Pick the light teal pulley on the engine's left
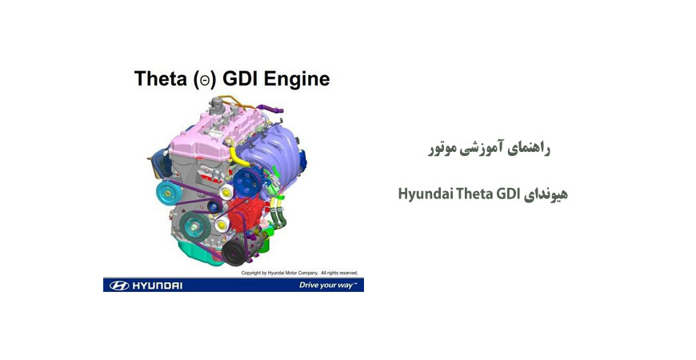pos(168,192)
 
